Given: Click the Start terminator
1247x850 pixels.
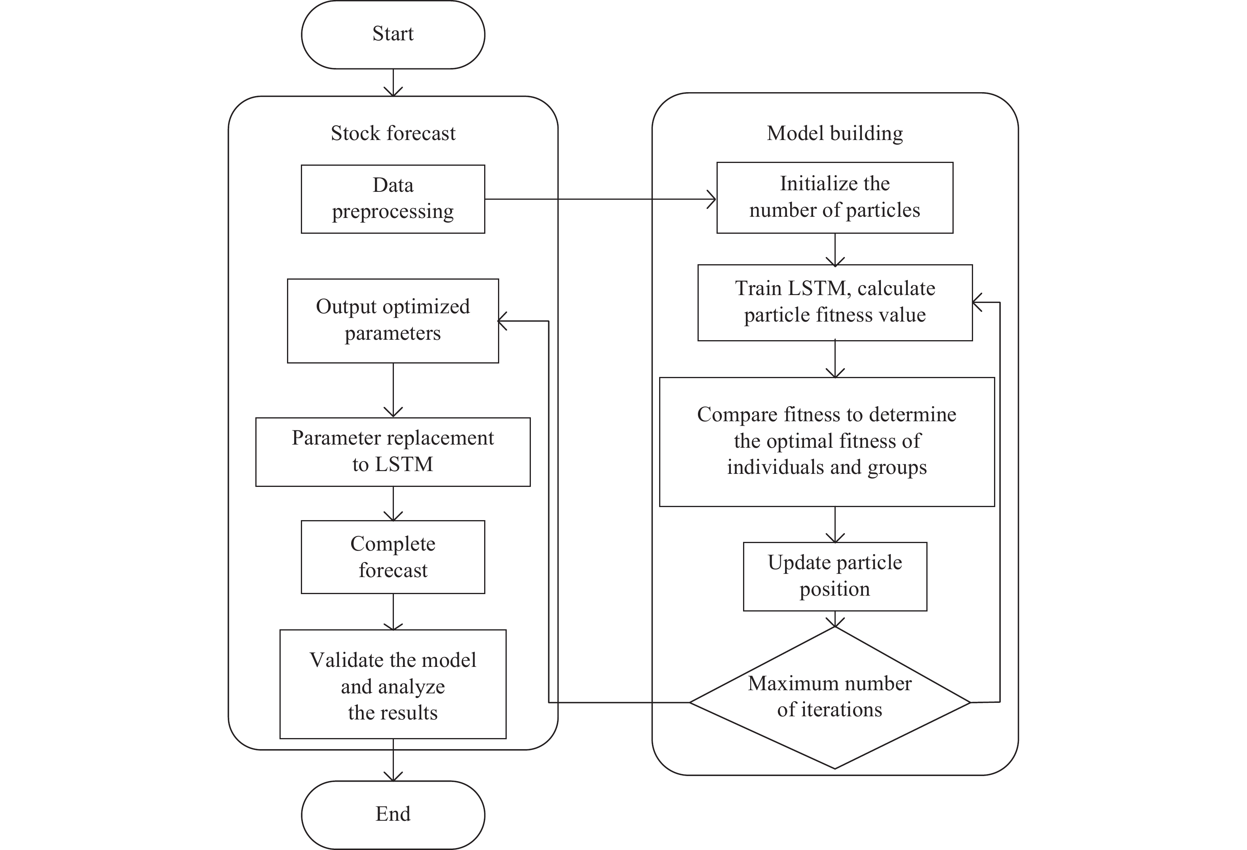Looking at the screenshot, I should pos(393,34).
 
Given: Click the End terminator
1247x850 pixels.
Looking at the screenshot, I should pos(393,814).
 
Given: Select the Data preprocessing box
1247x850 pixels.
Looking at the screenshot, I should pos(393,199).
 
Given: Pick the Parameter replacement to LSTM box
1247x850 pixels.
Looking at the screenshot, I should pos(393,452).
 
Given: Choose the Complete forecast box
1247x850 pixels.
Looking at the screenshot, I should pos(393,557).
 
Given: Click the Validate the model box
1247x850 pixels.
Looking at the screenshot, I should pos(393,685).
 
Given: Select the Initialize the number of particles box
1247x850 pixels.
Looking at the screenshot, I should pos(835,197).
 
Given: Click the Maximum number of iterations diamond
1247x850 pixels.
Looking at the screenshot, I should pos(829,697).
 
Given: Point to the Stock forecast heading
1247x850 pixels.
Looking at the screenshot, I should pos(393,133).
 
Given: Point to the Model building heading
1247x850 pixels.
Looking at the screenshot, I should pos(835,133).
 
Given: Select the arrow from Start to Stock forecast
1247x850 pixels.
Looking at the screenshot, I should pos(393,83).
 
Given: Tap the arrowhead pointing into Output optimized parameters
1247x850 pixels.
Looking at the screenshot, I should pos(503,321).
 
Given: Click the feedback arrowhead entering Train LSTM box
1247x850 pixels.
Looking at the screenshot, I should pos(978,303).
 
